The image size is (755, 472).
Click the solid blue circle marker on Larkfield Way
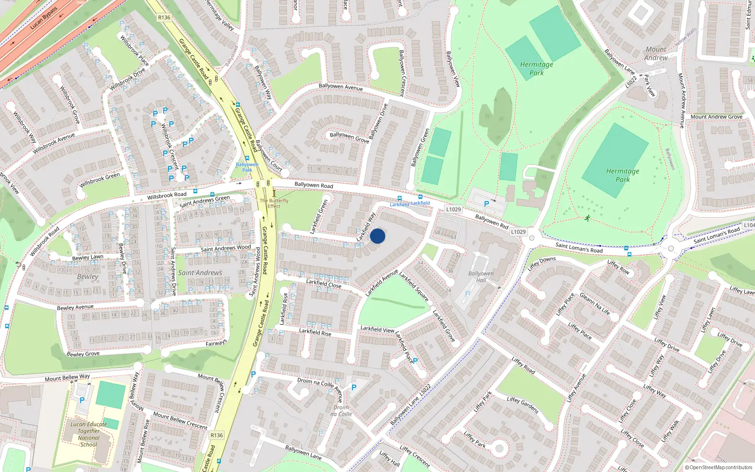(377, 236)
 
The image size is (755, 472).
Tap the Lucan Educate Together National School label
(89, 434)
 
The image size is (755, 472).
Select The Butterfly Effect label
(274, 203)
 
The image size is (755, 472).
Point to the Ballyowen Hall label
(481, 277)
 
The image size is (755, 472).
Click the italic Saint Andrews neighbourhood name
(200, 273)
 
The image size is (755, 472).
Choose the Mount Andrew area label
(656, 53)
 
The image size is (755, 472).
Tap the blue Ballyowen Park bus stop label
(247, 167)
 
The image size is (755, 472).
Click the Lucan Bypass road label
(43, 18)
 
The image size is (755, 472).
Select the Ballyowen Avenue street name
(341, 87)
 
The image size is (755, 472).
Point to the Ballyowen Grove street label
(349, 137)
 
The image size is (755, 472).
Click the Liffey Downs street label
(542, 263)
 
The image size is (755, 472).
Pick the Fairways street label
(216, 343)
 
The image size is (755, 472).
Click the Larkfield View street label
(377, 329)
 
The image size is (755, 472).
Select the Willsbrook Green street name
(100, 180)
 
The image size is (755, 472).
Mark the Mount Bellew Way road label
(67, 378)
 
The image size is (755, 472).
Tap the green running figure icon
(587, 218)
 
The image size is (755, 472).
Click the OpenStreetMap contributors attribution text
(719, 467)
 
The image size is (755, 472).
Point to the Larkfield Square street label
(414, 286)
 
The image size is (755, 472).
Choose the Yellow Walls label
(685, 36)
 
